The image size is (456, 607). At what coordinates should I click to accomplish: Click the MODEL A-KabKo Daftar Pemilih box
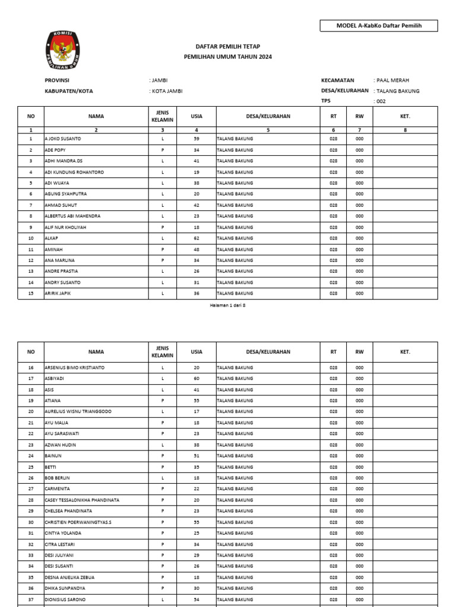379,26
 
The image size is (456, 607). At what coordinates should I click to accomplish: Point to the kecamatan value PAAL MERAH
392,81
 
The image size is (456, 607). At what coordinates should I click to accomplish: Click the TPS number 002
381,101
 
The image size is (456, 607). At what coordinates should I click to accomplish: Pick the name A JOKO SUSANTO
63,139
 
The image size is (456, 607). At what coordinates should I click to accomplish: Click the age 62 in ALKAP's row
197,238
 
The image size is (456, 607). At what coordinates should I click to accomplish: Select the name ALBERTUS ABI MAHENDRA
72,216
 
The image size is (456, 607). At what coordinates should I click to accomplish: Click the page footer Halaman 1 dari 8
227,305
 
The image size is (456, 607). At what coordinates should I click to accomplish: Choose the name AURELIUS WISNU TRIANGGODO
78,411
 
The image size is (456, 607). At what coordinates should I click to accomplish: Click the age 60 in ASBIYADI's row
197,378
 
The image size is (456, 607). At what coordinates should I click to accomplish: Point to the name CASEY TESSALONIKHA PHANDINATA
82,500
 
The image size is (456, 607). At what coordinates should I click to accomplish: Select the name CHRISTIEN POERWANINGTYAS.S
78,522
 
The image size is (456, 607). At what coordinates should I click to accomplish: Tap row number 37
31,599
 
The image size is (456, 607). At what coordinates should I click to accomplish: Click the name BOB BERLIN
58,478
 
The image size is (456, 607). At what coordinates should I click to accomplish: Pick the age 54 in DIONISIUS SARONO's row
197,599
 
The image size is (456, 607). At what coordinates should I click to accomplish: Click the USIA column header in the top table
197,117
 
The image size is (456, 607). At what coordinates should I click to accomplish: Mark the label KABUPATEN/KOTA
69,91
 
